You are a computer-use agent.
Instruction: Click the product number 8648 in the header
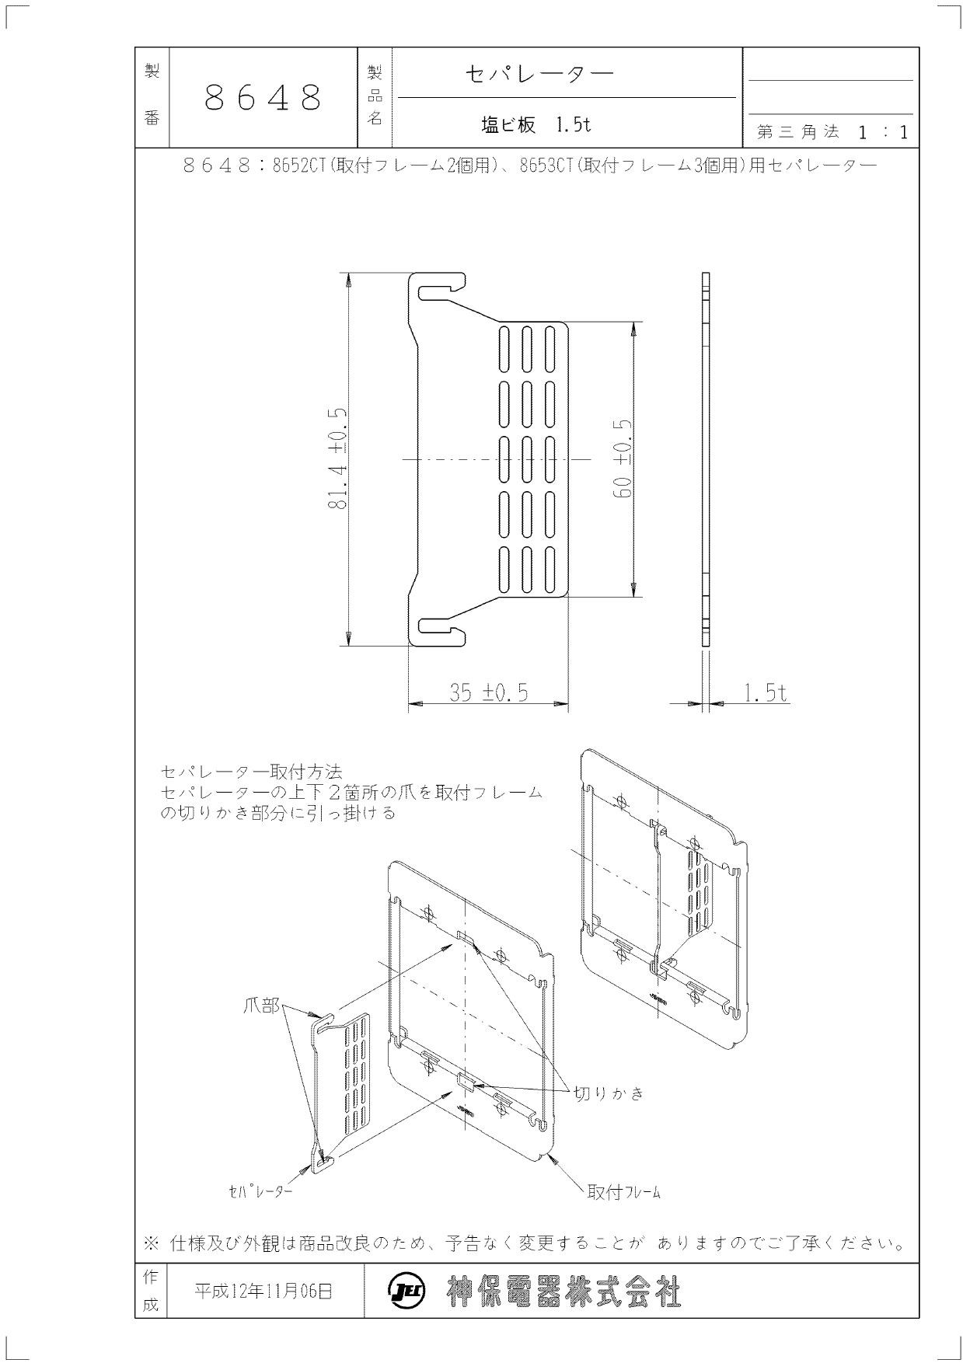tap(263, 98)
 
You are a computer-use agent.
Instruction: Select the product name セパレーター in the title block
tap(539, 74)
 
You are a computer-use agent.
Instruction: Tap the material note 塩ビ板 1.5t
tap(536, 124)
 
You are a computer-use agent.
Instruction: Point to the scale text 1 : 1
tap(883, 132)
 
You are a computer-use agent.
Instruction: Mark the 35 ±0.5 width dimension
tap(488, 692)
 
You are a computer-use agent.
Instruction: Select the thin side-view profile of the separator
tap(706, 459)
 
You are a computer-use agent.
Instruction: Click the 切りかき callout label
tap(609, 1093)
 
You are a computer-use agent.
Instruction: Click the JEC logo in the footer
tap(402, 1292)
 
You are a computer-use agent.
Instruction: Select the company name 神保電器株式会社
tap(564, 1292)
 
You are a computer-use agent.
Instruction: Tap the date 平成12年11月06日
tap(263, 1292)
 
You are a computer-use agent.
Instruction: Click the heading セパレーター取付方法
tap(251, 772)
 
